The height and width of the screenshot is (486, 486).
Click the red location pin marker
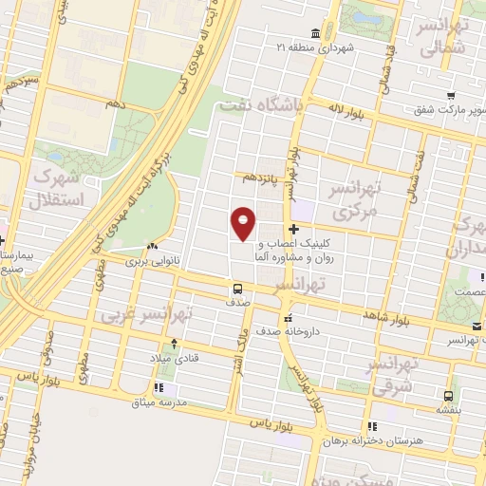[244, 222]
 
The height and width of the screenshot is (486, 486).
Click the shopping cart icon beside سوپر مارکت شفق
[452, 95]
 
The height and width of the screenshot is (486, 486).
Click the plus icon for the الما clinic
[294, 229]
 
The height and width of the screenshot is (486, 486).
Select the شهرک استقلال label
[60, 187]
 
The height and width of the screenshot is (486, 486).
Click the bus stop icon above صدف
[237, 288]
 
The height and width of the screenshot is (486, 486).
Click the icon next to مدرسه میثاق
[159, 387]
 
